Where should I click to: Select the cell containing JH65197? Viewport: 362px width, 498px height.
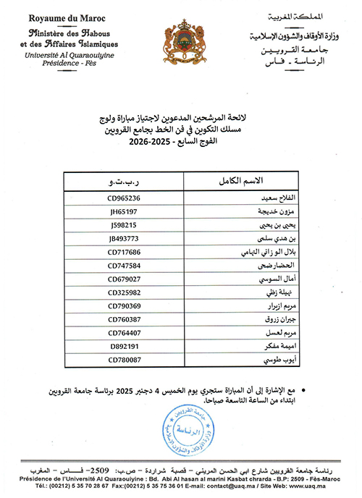(122, 211)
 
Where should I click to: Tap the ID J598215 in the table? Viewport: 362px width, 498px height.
(122, 225)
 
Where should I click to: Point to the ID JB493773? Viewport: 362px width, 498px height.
(123, 238)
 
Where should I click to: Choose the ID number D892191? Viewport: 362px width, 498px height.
(122, 346)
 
